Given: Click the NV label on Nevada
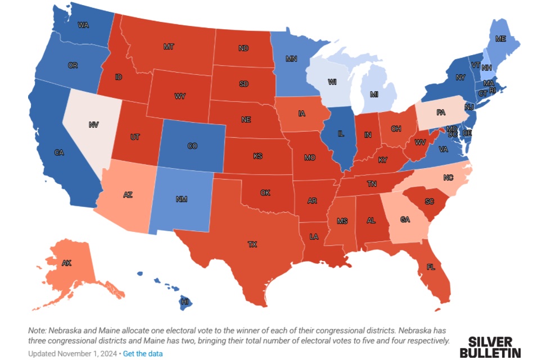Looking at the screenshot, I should pyautogui.click(x=93, y=124).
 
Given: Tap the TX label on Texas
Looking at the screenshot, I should pyautogui.click(x=252, y=244).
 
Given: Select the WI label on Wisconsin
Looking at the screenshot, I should pyautogui.click(x=332, y=82).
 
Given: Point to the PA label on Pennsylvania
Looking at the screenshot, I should pyautogui.click(x=440, y=112).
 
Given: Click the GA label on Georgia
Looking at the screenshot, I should pyautogui.click(x=405, y=220).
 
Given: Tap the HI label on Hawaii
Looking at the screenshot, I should pyautogui.click(x=184, y=302).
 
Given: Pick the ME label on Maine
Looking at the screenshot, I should pyautogui.click(x=500, y=39).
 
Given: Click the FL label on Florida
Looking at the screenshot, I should pyautogui.click(x=431, y=267).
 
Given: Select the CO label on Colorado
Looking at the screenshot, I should pyautogui.click(x=192, y=146).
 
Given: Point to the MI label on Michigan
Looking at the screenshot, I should pyautogui.click(x=374, y=94).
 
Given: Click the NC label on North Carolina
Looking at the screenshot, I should pyautogui.click(x=448, y=177).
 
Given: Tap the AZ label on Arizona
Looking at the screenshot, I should pyautogui.click(x=128, y=195).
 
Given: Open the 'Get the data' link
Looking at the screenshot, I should pyautogui.click(x=143, y=353).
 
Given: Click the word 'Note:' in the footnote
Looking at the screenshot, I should pyautogui.click(x=39, y=330).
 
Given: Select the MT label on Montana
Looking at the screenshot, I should pyautogui.click(x=168, y=47).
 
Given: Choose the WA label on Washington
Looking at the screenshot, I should pyautogui.click(x=83, y=25).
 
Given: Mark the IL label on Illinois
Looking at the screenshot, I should pyautogui.click(x=341, y=134).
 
